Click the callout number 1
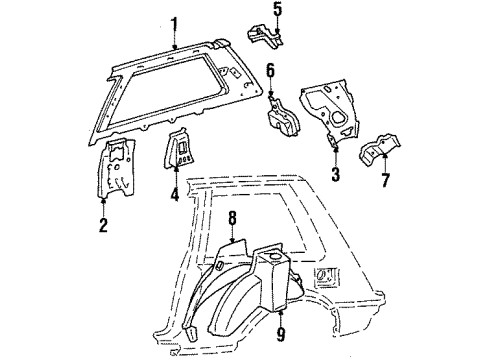(x=174, y=25)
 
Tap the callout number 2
(x=103, y=224)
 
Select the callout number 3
(x=335, y=174)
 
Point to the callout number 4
(x=175, y=194)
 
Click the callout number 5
(x=278, y=9)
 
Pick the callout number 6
(x=270, y=71)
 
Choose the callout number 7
(x=385, y=180)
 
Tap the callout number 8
(x=232, y=219)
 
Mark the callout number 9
(x=281, y=334)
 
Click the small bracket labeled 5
(x=265, y=37)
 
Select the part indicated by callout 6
(x=282, y=117)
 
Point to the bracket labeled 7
(x=379, y=149)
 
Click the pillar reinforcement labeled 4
(x=179, y=147)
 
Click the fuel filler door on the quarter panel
(x=326, y=276)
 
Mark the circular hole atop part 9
(x=275, y=256)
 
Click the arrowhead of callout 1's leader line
(x=174, y=48)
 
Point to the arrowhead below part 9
(x=281, y=312)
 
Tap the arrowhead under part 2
(x=103, y=200)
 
